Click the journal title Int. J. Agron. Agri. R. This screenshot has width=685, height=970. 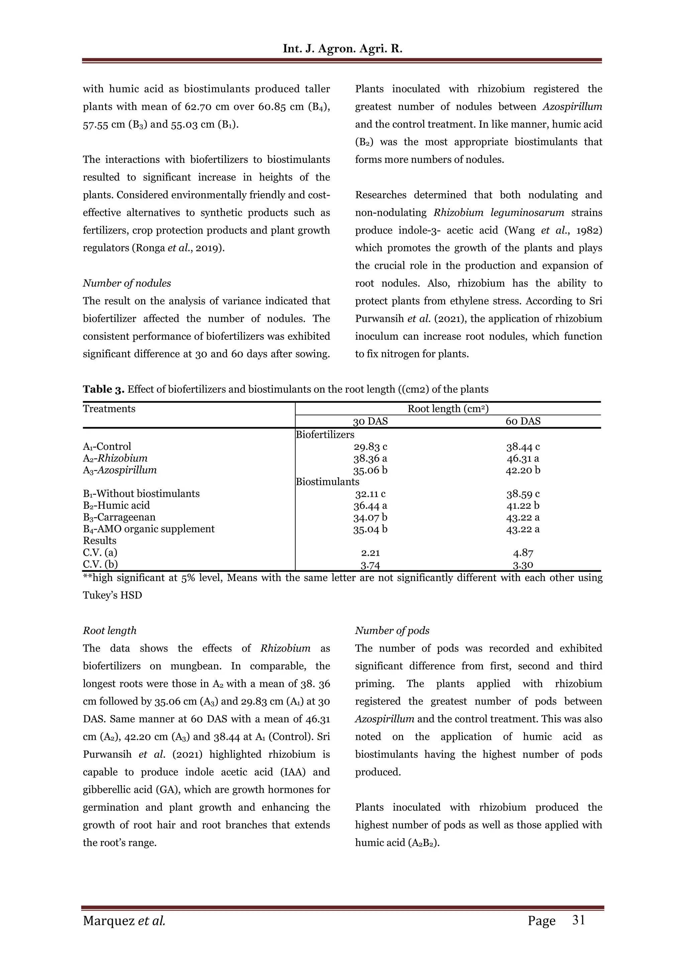coord(342,49)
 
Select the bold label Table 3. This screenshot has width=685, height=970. coord(103,389)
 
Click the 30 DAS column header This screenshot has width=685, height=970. coord(370,421)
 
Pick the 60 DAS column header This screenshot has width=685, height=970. coord(523,421)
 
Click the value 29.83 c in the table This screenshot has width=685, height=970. coord(370,447)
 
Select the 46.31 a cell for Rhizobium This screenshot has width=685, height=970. coord(523,458)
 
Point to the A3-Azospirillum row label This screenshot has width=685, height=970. coord(120,470)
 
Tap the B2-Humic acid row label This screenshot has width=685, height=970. coord(116,505)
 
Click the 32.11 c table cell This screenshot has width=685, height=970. coord(370,494)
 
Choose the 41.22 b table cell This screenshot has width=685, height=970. coord(523,506)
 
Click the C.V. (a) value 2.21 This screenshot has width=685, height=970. coord(370,553)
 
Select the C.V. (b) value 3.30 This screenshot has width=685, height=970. coord(523,565)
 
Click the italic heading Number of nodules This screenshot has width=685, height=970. coord(127,283)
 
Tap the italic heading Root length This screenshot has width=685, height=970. coord(110,630)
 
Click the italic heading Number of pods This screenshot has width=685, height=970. coord(392,630)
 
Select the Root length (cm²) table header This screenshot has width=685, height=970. coord(448,409)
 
